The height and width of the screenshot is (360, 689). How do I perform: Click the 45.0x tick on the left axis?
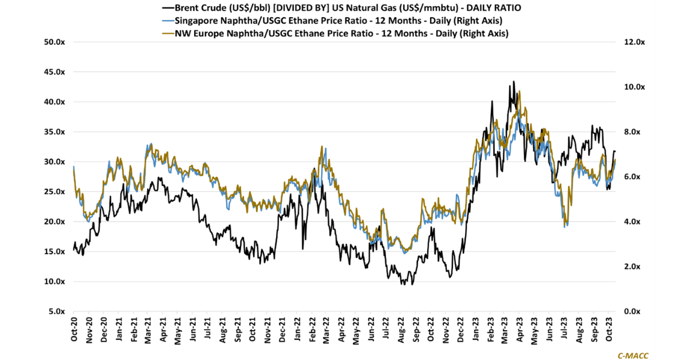[56, 72]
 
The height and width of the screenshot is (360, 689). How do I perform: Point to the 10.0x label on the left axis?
[56, 281]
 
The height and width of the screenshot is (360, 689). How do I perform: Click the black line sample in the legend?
[168, 8]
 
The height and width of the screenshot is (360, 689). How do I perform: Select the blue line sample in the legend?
[168, 21]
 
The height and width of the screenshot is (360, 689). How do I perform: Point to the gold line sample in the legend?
[168, 33]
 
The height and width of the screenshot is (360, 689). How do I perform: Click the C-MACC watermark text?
[633, 355]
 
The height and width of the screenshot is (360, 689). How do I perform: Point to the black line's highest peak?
[514, 82]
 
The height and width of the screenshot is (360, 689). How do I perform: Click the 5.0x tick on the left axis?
[57, 311]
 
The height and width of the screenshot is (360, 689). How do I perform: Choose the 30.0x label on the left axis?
[56, 162]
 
